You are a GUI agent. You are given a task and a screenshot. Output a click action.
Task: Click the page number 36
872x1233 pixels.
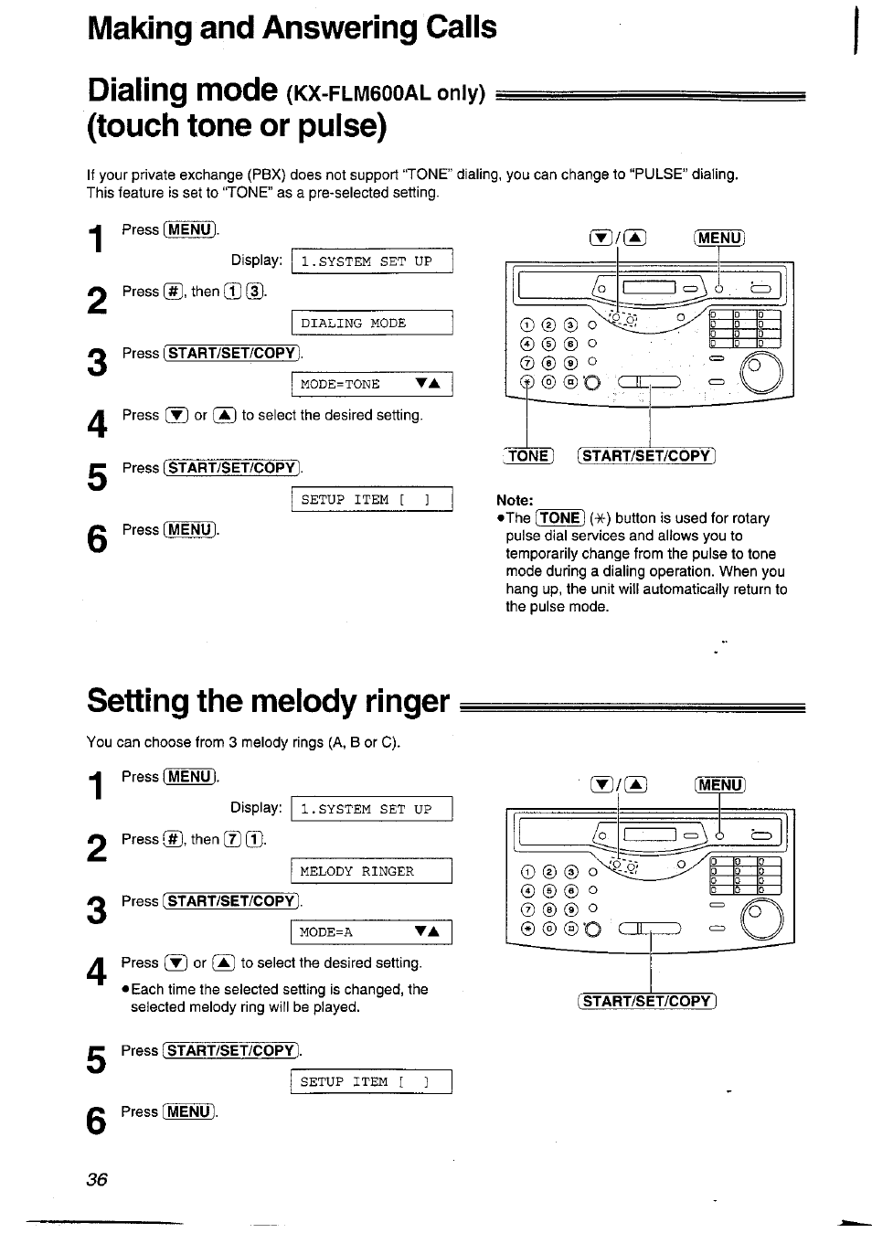point(97,1179)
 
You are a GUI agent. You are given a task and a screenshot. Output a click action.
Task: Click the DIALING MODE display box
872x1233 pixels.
point(371,324)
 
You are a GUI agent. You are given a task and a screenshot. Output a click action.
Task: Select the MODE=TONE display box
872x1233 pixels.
point(371,385)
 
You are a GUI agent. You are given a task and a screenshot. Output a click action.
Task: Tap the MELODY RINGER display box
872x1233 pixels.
point(371,871)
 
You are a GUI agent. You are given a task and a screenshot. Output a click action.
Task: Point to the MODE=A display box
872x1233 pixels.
point(371,932)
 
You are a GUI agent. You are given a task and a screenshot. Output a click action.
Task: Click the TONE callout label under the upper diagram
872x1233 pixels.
point(529,456)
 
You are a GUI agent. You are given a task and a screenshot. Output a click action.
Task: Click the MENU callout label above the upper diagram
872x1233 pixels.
point(719,238)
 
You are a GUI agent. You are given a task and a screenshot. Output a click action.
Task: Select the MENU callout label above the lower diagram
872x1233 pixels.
point(719,784)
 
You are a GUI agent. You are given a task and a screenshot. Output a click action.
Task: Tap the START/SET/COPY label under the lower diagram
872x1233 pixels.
point(647,1001)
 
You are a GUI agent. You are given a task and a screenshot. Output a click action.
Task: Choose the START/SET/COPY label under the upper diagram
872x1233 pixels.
point(647,456)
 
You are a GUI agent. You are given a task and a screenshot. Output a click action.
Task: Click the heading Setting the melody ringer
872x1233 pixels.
point(268,701)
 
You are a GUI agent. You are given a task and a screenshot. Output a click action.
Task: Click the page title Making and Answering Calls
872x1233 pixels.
point(292,27)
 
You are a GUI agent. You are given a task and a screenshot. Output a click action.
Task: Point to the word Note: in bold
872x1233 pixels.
point(515,500)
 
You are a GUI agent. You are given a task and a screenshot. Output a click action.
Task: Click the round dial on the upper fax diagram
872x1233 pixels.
point(762,372)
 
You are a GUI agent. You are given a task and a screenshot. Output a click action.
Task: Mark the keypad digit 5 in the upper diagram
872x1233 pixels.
point(547,344)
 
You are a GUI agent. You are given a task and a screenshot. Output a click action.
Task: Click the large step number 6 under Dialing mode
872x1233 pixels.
point(97,538)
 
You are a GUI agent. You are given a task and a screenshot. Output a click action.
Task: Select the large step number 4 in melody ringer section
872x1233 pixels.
point(97,972)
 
